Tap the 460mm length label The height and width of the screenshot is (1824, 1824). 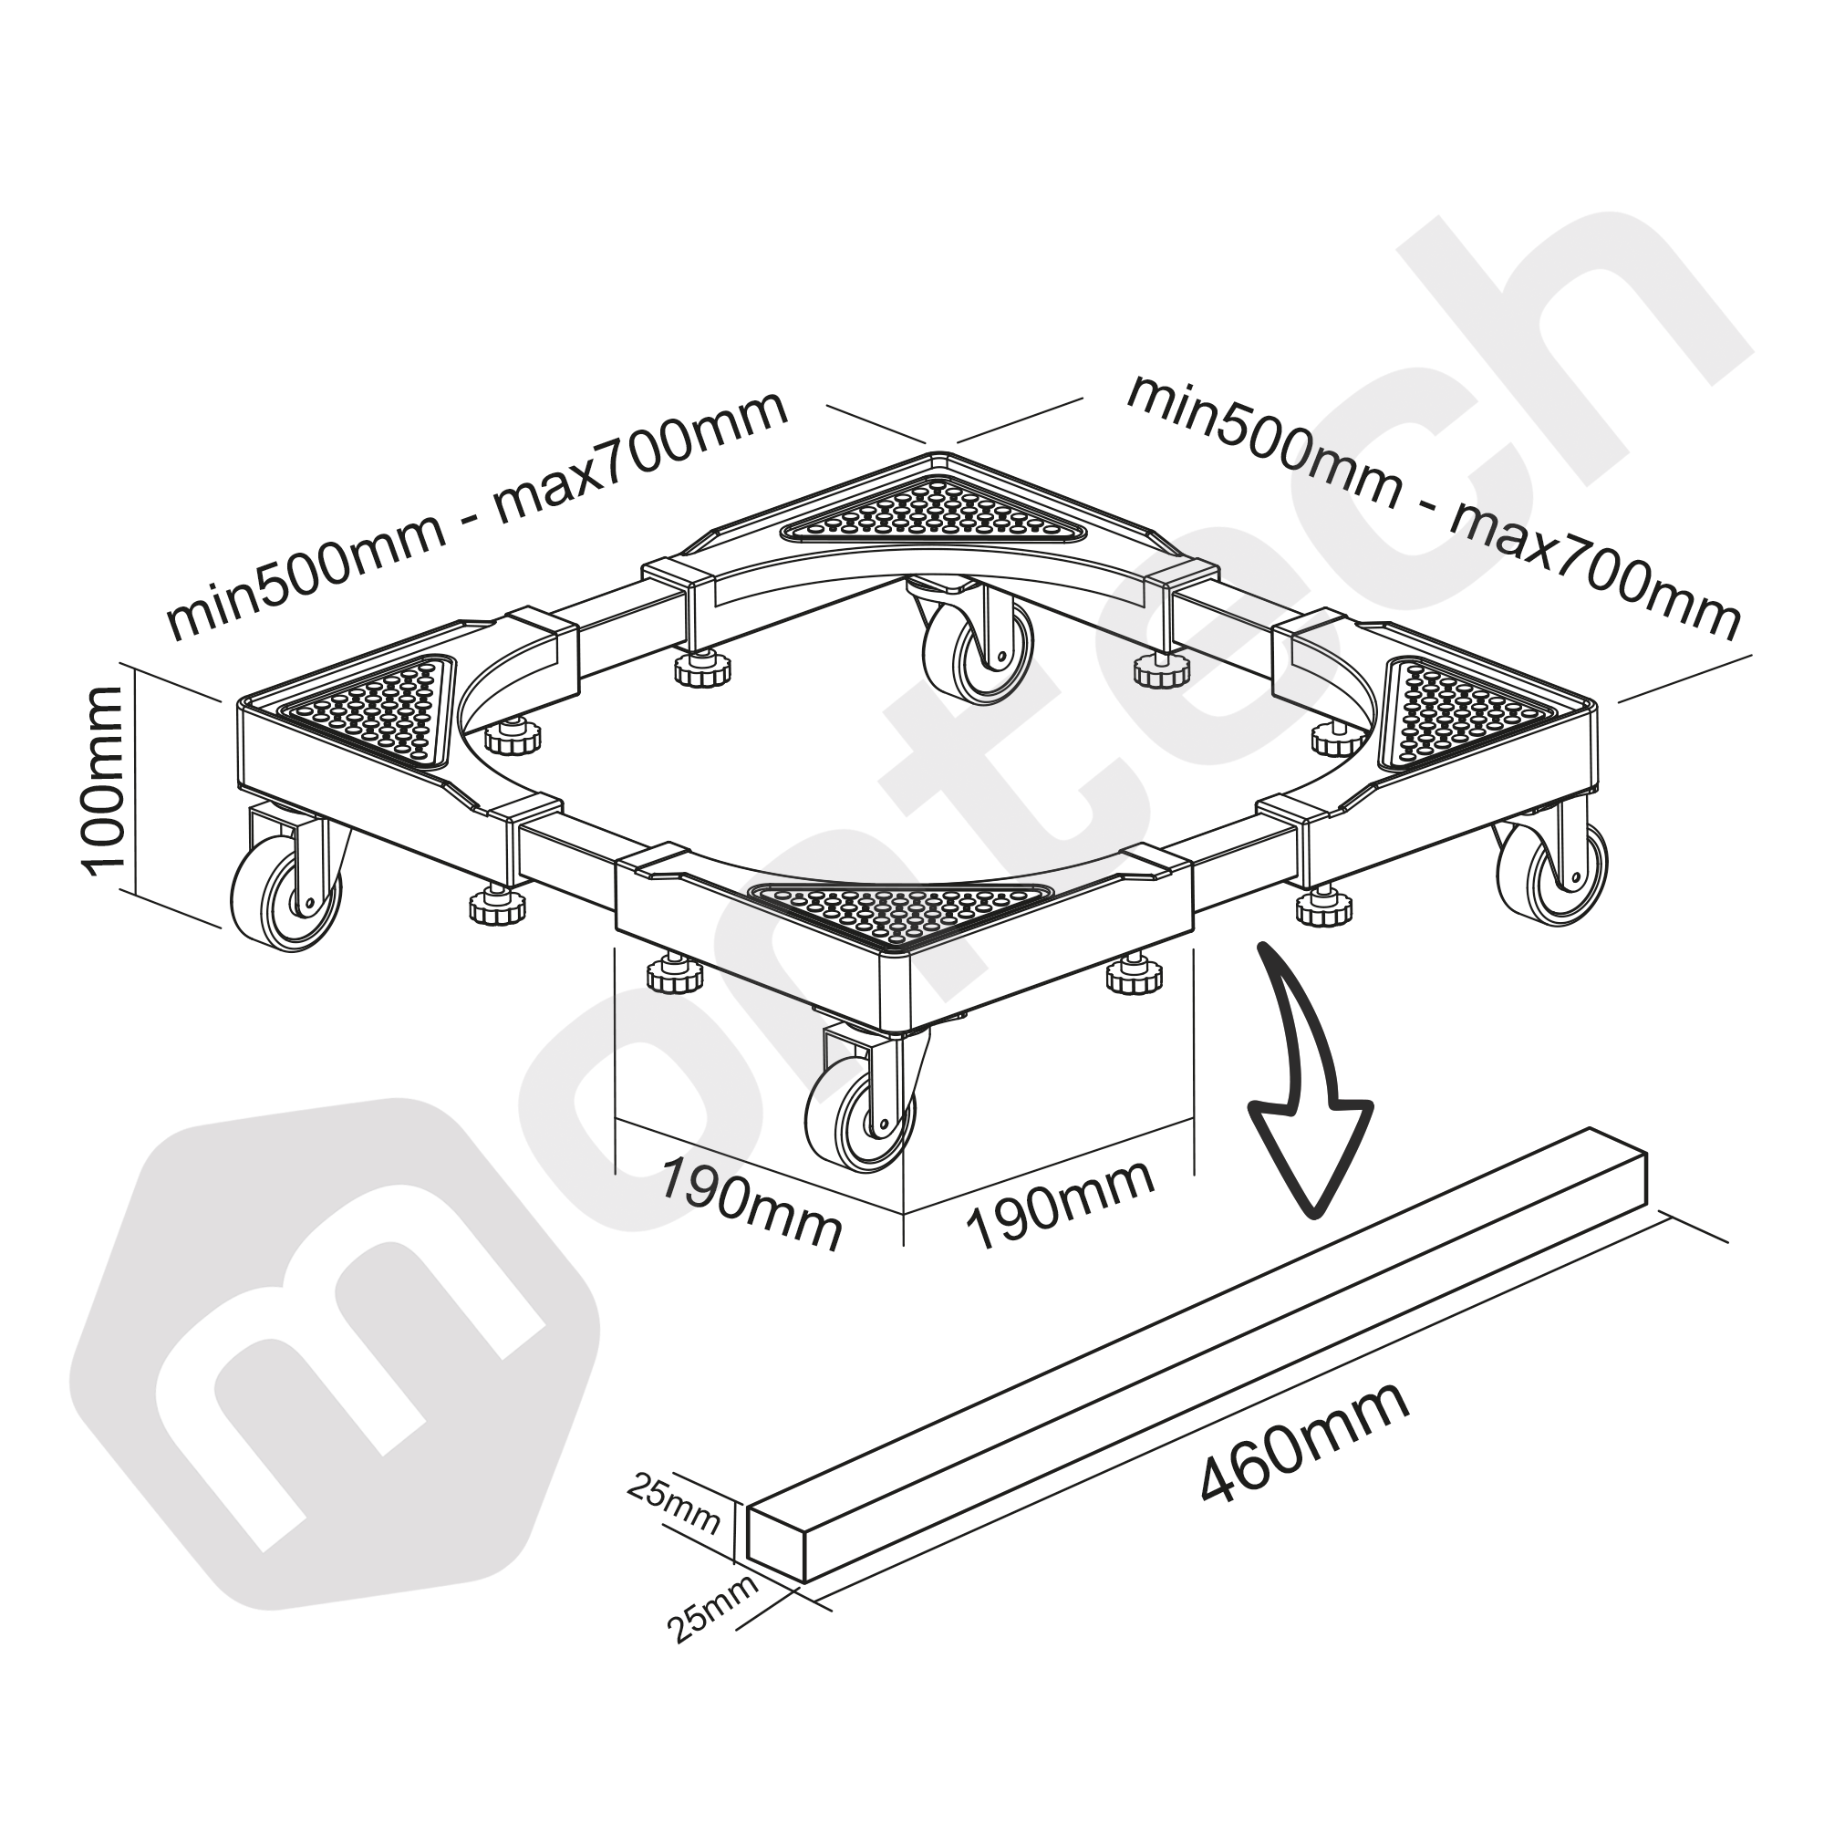(1306, 1455)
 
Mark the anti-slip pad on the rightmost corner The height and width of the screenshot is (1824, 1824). (1458, 713)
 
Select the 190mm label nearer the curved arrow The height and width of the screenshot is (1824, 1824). (1059, 1207)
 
